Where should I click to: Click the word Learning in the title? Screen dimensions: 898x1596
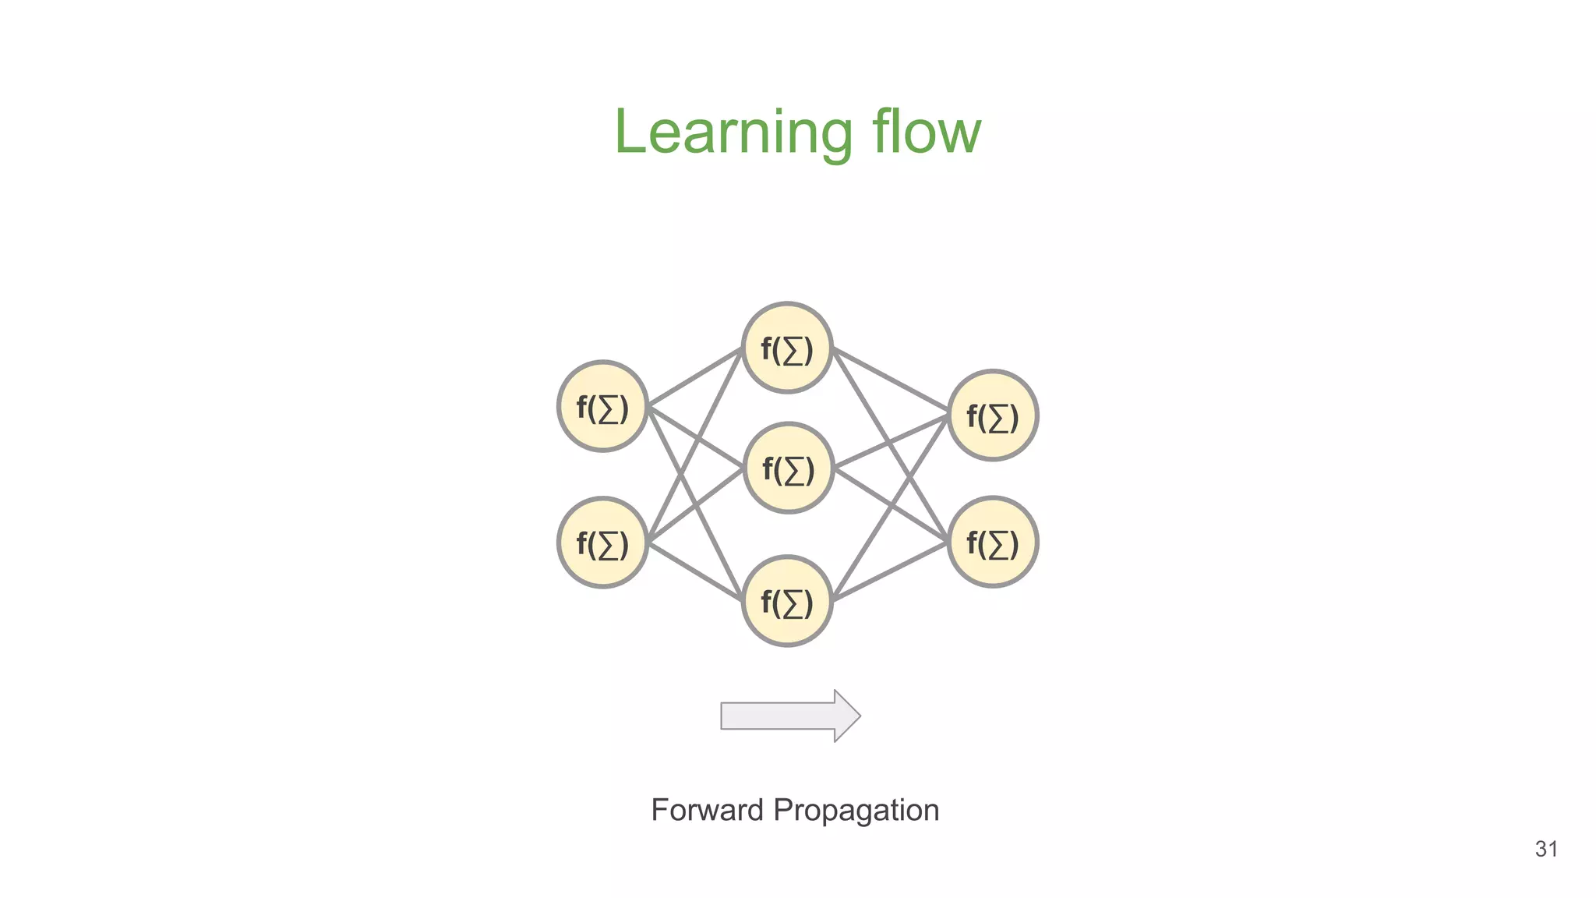pos(733,133)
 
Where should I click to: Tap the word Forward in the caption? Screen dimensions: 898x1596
pos(707,810)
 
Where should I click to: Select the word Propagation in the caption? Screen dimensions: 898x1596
pos(856,811)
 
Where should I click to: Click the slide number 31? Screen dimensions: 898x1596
pos(1546,849)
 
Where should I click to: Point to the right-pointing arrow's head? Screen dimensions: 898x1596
pos(848,716)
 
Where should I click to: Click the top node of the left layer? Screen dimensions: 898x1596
pos(602,406)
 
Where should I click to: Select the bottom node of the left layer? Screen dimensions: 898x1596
pos(602,543)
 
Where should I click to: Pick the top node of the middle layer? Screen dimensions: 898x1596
pos(787,348)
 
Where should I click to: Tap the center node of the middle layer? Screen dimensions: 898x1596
pos(788,468)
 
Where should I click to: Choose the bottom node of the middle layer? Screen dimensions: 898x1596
pos(787,601)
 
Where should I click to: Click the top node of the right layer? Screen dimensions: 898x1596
pos(992,415)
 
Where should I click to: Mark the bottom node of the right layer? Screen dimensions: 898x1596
pos(992,543)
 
